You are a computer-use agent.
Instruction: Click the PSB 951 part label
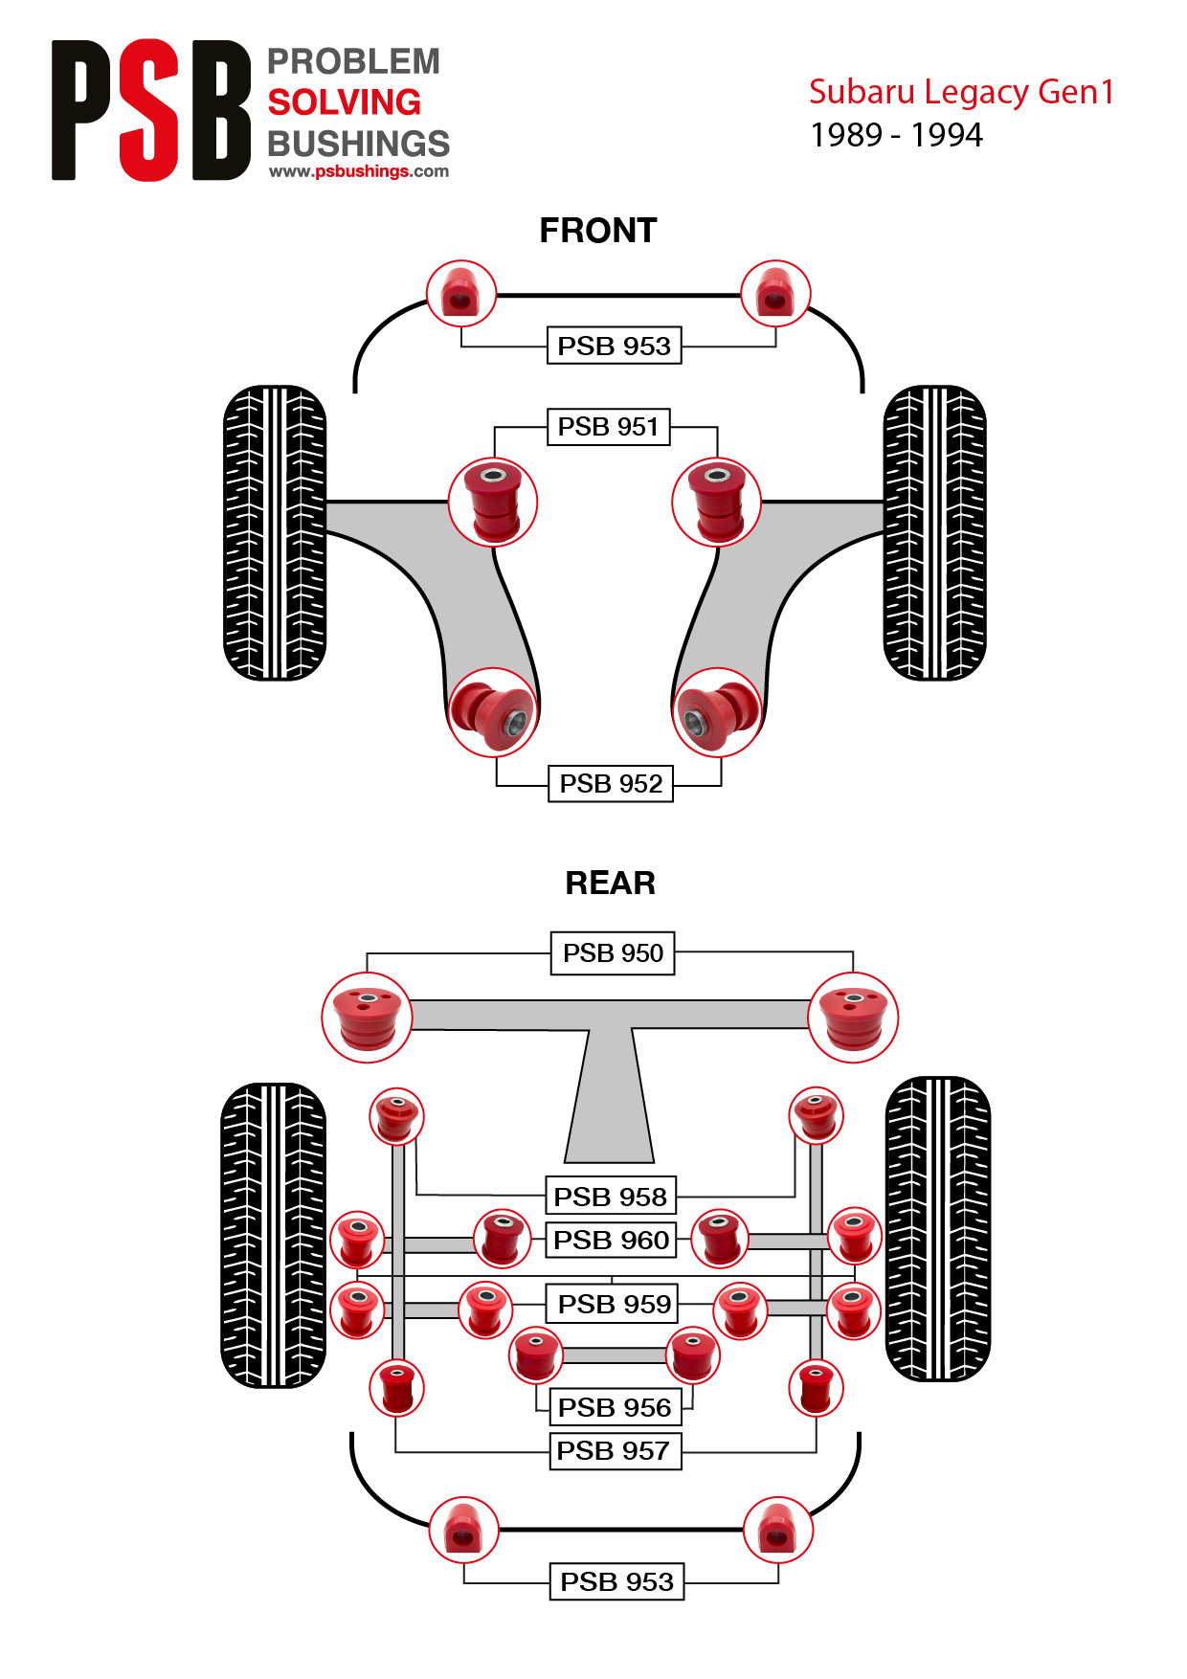[608, 427]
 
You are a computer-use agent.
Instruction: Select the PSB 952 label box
[611, 783]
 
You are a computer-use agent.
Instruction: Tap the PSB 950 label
[613, 953]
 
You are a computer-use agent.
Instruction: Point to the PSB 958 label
[611, 1197]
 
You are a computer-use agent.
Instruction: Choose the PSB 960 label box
[611, 1240]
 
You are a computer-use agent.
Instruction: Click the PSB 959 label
[613, 1304]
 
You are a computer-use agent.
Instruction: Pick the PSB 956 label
[614, 1407]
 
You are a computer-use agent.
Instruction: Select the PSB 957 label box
[614, 1450]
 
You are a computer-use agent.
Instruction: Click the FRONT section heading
[598, 231]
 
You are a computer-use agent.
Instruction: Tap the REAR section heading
[611, 883]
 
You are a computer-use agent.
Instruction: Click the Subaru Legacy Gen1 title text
[962, 92]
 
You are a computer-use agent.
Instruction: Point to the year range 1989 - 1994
[896, 135]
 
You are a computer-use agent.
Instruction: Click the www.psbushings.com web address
[359, 171]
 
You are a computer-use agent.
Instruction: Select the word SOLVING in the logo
[345, 102]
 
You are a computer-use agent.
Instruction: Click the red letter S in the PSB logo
[149, 110]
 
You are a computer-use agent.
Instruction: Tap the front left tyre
[275, 533]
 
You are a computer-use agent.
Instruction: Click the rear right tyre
[937, 1229]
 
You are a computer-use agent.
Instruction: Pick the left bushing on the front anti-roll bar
[461, 295]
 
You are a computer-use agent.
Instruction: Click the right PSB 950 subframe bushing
[853, 1018]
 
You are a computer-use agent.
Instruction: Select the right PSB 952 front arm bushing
[717, 712]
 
